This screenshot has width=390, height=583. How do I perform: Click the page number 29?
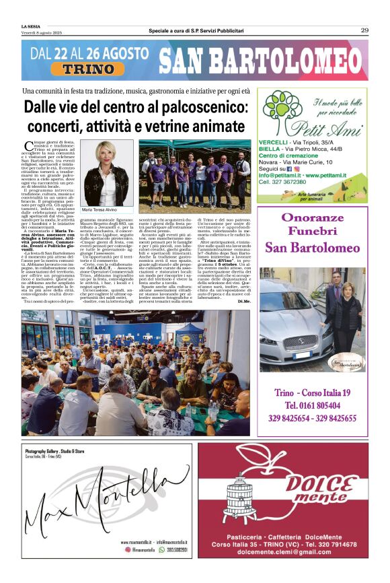coord(364,30)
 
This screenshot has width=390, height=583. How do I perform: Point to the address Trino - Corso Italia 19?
coord(313,393)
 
